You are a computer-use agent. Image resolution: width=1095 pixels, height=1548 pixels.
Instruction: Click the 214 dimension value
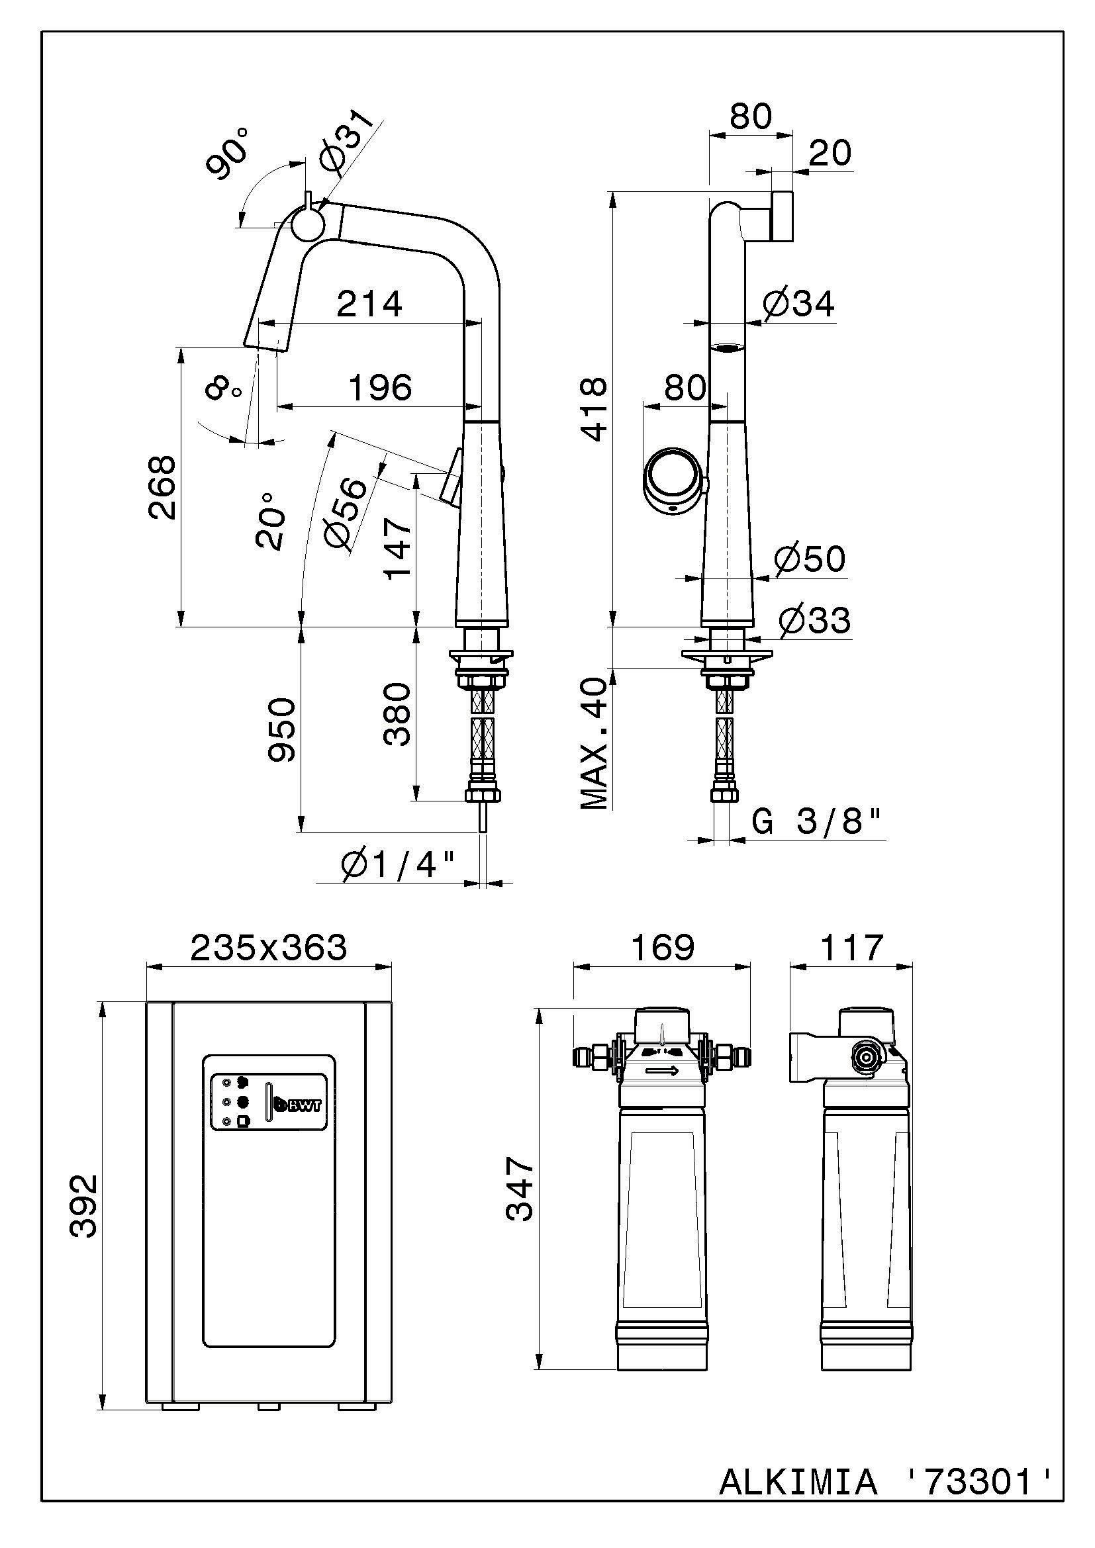369,304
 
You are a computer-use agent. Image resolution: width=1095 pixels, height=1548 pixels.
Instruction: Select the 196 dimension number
379,388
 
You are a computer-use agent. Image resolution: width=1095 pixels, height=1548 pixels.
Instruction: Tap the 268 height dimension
162,487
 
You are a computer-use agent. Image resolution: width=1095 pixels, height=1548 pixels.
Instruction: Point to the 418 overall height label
595,408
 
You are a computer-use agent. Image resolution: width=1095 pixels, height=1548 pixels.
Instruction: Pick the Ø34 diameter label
799,304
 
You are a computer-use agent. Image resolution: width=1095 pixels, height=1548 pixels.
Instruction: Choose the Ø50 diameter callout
810,559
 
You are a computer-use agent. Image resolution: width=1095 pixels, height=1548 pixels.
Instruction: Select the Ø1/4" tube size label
399,865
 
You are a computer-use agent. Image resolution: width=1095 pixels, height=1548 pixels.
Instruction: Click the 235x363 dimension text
268,947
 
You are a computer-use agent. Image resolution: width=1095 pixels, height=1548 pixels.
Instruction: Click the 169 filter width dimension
662,947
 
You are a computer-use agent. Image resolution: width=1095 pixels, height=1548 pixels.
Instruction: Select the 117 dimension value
851,947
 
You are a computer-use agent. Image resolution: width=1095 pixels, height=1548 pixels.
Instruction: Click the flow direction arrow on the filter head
662,1071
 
